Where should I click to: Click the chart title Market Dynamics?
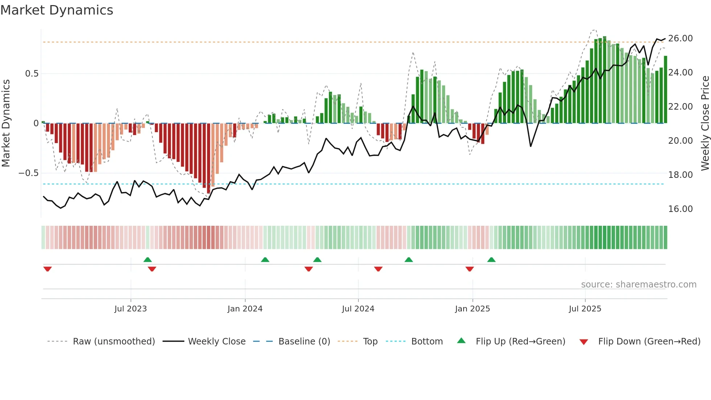[57, 10]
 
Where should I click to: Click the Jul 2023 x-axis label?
[131, 309]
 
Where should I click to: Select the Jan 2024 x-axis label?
[245, 309]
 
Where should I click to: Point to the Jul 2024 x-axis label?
[358, 309]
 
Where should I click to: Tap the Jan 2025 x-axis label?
[472, 309]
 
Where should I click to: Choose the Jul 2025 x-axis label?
[585, 309]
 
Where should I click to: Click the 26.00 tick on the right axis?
[680, 38]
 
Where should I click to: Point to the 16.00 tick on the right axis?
[680, 209]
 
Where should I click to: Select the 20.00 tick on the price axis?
[680, 141]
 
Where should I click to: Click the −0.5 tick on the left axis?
[28, 173]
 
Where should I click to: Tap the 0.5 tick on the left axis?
[32, 74]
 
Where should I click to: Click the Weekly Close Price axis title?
[705, 123]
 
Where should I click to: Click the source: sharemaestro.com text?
[638, 285]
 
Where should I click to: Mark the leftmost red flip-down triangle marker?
[48, 269]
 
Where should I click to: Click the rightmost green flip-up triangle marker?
[491, 260]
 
